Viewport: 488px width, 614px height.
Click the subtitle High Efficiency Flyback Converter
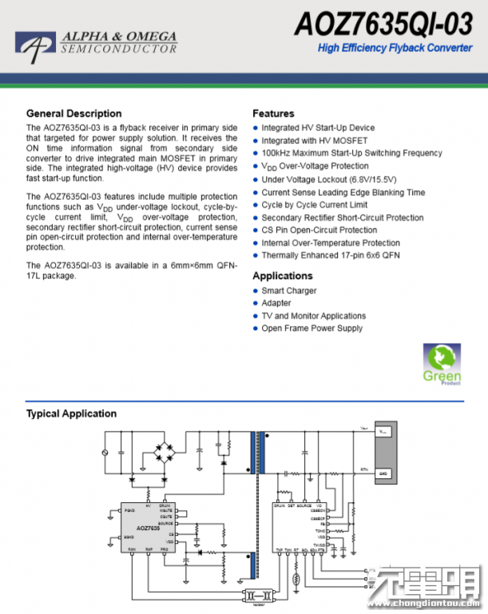click(x=395, y=48)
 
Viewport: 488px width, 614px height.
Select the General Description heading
click(x=73, y=114)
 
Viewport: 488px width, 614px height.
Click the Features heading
click(x=273, y=114)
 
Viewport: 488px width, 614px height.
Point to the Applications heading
click(x=282, y=276)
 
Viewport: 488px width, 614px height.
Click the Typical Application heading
click(x=71, y=413)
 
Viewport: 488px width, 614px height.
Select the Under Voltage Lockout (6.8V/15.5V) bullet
click(x=328, y=179)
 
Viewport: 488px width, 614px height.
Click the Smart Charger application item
click(x=288, y=291)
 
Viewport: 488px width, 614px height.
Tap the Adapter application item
click(x=276, y=303)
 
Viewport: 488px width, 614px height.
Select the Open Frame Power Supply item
click(x=311, y=329)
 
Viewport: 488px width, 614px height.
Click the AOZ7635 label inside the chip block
click(x=148, y=528)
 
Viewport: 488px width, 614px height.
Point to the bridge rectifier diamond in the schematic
click(x=169, y=453)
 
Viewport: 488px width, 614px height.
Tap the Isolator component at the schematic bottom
click(x=258, y=596)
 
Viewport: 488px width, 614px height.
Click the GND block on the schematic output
click(x=383, y=473)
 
